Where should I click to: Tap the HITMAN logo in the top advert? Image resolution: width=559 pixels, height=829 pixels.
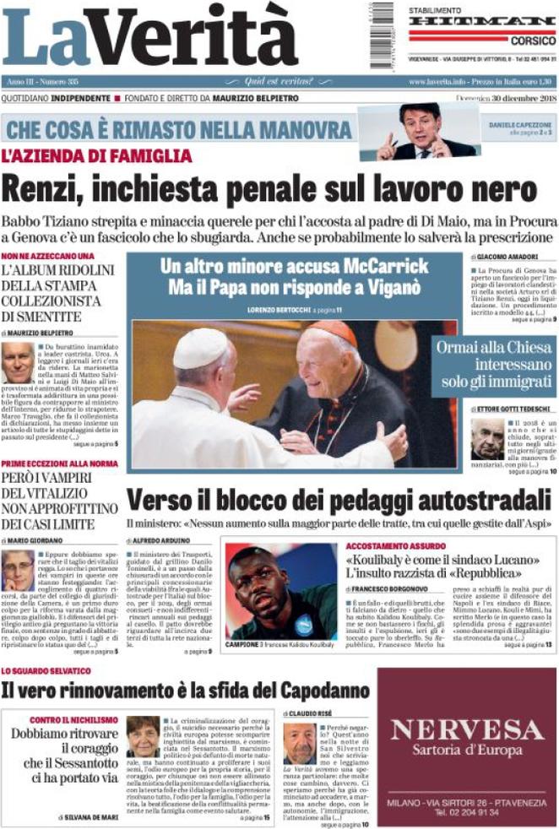pos(482,21)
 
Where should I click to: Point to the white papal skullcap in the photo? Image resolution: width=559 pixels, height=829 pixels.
pos(201,346)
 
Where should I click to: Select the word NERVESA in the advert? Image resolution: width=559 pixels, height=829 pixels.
pos(466,729)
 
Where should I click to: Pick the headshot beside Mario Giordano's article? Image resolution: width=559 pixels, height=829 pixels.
pos(18,571)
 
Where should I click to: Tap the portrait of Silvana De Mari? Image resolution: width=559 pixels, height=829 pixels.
pos(142,736)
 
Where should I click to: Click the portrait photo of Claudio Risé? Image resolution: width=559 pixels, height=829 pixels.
pos(299,743)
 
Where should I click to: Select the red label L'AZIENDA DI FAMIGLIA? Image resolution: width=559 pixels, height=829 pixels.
pos(97,156)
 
